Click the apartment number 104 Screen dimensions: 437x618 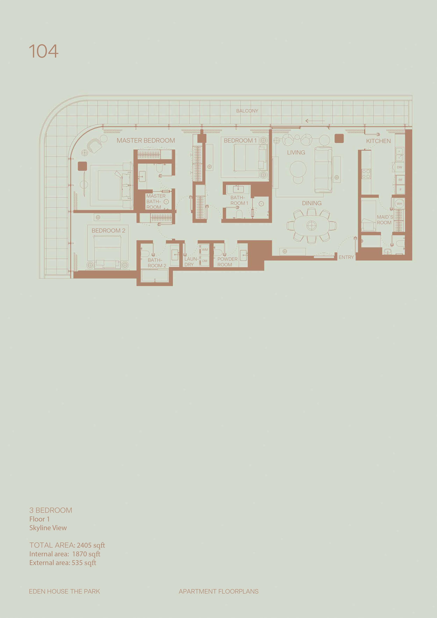click(x=44, y=51)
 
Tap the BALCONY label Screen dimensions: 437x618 click(x=247, y=111)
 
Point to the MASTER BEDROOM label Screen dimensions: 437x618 click(x=146, y=141)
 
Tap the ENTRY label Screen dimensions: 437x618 click(x=346, y=257)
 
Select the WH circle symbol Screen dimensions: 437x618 click(x=399, y=204)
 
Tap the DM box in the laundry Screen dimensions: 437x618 click(x=205, y=261)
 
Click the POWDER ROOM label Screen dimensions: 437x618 click(x=227, y=262)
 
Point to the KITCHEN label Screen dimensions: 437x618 click(x=378, y=141)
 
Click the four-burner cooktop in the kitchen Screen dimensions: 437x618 click(x=366, y=174)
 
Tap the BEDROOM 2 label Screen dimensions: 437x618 click(x=108, y=231)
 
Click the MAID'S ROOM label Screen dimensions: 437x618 click(x=385, y=220)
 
